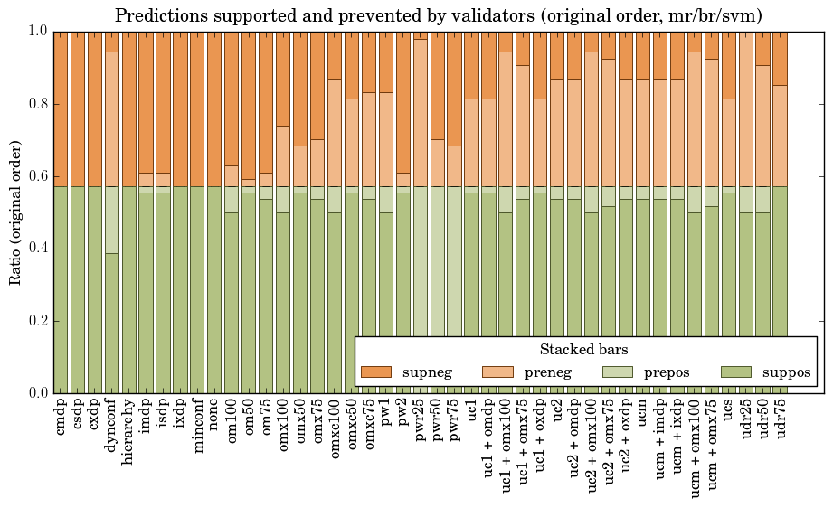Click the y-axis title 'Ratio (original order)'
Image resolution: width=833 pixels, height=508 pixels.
pos(15,212)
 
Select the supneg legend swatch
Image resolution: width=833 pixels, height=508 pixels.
pos(376,372)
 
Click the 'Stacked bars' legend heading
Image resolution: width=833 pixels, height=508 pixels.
pos(583,350)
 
